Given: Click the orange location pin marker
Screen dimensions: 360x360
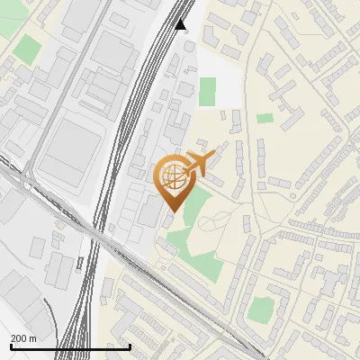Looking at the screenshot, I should tap(174, 181).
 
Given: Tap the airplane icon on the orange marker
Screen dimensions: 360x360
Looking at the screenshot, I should tap(197, 163).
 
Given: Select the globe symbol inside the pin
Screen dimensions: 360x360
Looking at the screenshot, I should tap(173, 176).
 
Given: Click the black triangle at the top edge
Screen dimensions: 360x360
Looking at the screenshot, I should tap(182, 24).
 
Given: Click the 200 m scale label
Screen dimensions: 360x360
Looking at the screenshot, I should tap(23, 338).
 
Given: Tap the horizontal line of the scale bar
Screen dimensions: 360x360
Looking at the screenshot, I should tap(70, 346).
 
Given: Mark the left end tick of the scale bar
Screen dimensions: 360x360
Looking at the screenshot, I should tap(11, 346).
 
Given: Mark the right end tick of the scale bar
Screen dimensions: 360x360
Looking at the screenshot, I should tap(130, 346).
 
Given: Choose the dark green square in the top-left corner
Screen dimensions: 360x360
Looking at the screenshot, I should tap(28, 49).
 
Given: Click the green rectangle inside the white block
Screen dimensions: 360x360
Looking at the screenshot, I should tap(208, 91).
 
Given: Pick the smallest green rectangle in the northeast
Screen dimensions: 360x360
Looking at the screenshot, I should tap(264, 118).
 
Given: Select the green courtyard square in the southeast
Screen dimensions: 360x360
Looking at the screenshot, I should tap(261, 309).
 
